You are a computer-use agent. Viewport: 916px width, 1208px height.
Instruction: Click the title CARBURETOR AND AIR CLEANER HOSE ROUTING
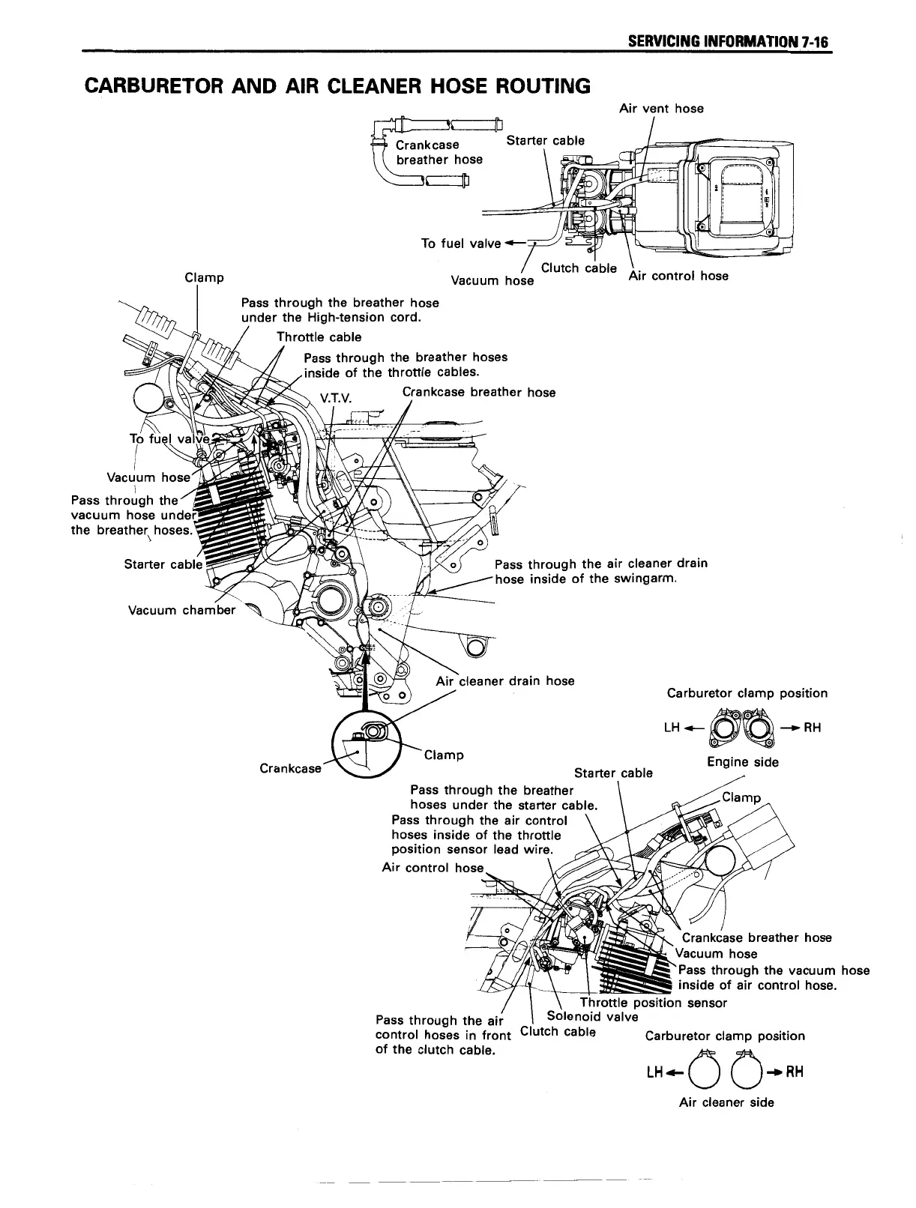(x=338, y=85)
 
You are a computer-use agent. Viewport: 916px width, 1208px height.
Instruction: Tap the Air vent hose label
(x=661, y=109)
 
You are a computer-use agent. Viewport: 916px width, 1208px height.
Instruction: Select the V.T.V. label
(x=335, y=398)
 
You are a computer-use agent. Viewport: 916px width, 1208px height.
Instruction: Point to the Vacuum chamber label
(x=181, y=610)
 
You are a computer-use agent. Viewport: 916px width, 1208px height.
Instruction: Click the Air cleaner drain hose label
(x=504, y=680)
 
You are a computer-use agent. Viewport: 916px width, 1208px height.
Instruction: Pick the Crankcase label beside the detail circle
(x=290, y=768)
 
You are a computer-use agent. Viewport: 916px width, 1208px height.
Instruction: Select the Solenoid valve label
(x=592, y=1016)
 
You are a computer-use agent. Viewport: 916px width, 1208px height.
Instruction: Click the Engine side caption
(x=743, y=762)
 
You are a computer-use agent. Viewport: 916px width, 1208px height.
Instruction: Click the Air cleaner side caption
(x=726, y=1102)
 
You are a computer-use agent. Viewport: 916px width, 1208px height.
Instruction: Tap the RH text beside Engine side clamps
(x=813, y=728)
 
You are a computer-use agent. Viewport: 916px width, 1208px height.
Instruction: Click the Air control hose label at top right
(x=678, y=276)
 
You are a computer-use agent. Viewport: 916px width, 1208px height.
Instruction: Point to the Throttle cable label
(x=319, y=337)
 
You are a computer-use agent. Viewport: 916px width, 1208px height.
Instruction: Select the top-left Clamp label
(x=204, y=278)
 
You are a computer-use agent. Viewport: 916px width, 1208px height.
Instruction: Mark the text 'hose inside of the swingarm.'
(x=586, y=579)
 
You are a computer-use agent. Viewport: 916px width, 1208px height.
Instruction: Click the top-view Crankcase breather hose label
(x=439, y=151)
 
